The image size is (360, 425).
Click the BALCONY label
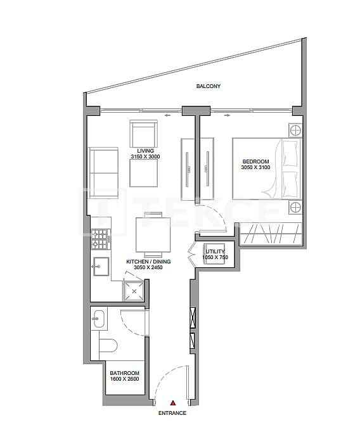[x=207, y=87]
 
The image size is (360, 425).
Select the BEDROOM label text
[x=255, y=162]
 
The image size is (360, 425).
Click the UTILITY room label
[x=215, y=251]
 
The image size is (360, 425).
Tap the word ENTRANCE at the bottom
[x=172, y=412]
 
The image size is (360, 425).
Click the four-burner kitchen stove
[x=100, y=240]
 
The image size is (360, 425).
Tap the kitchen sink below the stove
[x=100, y=265]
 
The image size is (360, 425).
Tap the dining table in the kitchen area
[x=153, y=235]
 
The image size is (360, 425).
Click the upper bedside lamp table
[x=295, y=131]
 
